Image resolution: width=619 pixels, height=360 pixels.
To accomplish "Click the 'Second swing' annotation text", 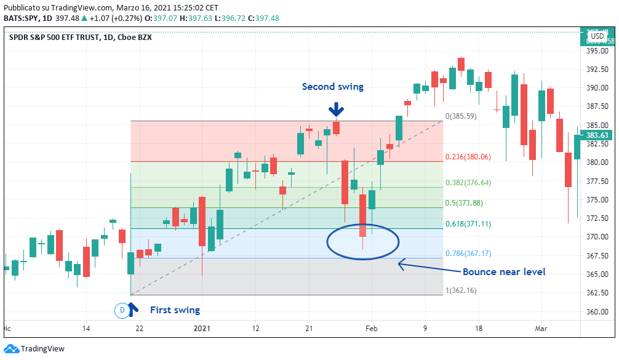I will [x=332, y=87].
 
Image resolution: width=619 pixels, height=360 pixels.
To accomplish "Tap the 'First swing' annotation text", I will [x=175, y=310].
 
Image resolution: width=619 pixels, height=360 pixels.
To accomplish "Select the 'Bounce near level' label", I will [x=503, y=271].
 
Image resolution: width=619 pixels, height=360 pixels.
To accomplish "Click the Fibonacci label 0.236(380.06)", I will [x=468, y=157].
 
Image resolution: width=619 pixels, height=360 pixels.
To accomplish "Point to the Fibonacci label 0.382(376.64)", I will [x=468, y=183].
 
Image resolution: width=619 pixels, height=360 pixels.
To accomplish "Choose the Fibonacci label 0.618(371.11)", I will [x=468, y=224].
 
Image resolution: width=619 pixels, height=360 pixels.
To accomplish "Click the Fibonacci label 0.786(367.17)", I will [x=468, y=254].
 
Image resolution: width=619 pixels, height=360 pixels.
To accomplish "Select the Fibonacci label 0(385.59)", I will [x=461, y=116].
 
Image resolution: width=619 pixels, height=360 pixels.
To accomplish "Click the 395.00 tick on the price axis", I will [x=597, y=51].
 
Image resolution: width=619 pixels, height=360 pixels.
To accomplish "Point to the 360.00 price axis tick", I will [x=597, y=311].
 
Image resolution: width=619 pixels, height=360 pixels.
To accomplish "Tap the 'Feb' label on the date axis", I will [x=370, y=329].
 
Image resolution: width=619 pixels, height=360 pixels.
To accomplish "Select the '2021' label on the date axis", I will [x=202, y=329].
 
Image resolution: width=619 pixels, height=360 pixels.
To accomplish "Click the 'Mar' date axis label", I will [x=541, y=329].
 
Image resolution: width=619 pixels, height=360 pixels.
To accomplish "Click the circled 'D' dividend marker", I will [x=122, y=310].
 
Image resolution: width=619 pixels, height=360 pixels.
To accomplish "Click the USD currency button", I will [x=597, y=37].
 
